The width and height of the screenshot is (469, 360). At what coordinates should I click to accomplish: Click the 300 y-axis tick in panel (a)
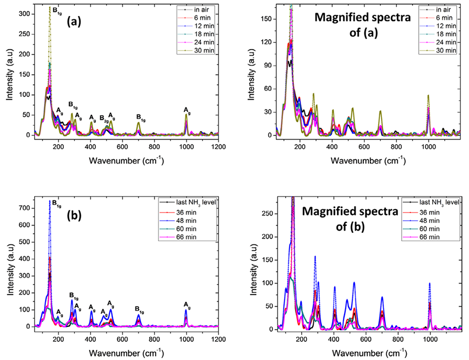26,14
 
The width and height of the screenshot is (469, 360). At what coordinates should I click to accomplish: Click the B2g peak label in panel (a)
103,118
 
